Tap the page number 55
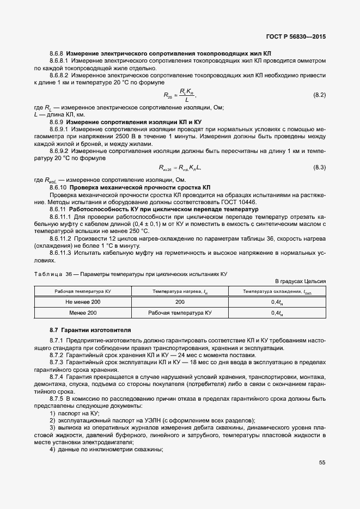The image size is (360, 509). (x=322, y=463)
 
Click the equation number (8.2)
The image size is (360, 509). (x=319, y=95)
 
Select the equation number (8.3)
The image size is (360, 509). (x=319, y=167)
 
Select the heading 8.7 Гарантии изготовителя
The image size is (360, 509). (x=90, y=330)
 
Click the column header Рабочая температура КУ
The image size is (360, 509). (x=81, y=291)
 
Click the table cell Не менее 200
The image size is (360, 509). (x=81, y=302)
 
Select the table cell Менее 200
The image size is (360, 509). (x=81, y=312)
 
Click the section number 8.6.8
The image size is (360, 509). (x=57, y=54)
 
